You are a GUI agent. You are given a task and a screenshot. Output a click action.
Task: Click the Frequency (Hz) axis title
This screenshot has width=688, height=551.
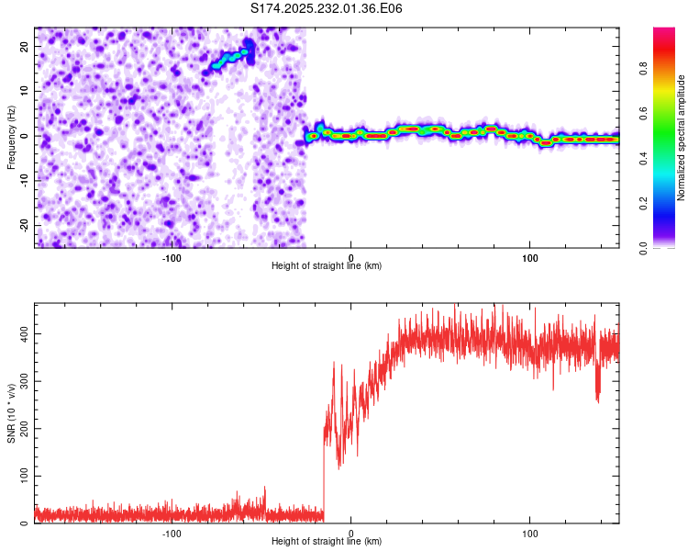click(11, 138)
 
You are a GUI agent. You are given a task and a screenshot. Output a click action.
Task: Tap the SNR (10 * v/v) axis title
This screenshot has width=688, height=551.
click(11, 413)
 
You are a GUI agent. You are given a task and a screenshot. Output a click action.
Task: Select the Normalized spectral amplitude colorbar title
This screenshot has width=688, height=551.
click(682, 138)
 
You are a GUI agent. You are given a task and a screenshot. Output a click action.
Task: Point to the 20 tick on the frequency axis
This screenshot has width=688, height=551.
click(25, 46)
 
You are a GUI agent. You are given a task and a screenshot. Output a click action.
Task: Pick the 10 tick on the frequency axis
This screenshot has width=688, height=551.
click(25, 91)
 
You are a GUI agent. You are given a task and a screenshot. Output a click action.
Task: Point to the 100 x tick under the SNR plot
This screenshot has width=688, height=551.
click(529, 534)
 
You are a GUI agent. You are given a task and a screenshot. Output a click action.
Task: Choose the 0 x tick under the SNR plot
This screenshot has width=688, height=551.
click(350, 534)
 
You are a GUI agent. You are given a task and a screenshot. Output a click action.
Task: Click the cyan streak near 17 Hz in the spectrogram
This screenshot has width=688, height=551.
click(231, 59)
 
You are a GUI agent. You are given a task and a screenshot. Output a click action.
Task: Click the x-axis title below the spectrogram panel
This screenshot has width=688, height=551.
click(327, 266)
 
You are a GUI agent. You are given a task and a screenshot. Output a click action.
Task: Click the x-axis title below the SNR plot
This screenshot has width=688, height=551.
click(327, 542)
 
